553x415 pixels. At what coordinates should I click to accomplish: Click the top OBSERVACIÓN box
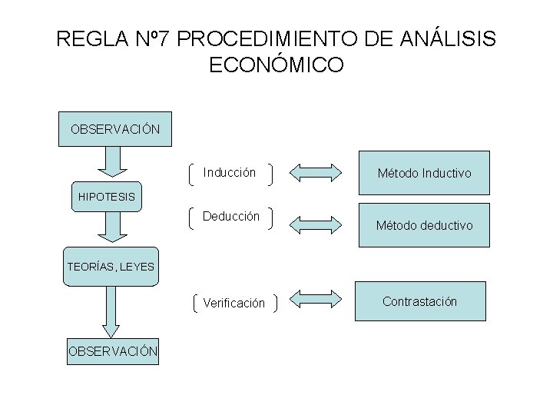pos(115,129)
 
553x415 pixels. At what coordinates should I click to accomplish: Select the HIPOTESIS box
pos(106,197)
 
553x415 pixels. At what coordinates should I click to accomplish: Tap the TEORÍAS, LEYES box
pos(111,267)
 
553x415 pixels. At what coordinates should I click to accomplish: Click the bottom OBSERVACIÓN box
pos(113,351)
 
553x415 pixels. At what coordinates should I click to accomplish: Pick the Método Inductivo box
pos(424,173)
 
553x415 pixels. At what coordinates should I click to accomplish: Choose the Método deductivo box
pos(424,225)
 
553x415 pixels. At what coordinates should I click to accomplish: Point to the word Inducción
pos(229,173)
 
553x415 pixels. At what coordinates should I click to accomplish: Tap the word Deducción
pos(231,217)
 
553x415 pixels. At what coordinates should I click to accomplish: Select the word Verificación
pos(233,304)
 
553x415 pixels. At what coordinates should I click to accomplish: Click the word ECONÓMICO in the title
pos(276,66)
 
